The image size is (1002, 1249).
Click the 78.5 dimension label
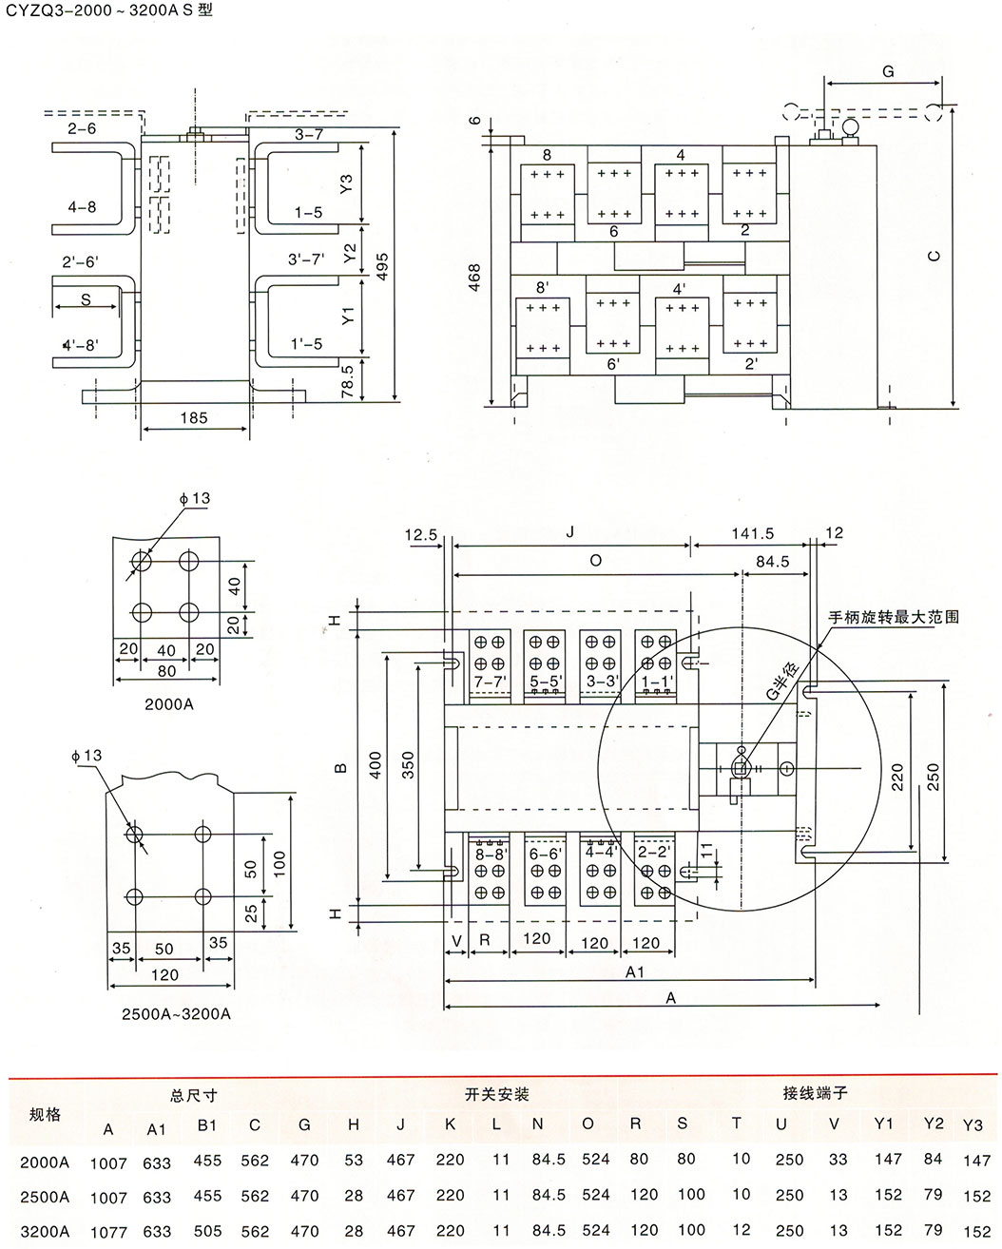click(348, 379)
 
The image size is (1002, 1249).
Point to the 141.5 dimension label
click(751, 534)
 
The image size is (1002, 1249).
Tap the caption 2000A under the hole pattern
click(168, 704)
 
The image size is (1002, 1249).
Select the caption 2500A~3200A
click(176, 1013)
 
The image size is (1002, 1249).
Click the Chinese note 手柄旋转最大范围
click(894, 617)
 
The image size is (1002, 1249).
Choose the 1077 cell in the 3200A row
click(108, 1231)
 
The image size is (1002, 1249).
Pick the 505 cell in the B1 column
click(207, 1231)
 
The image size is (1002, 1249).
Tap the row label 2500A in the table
click(46, 1195)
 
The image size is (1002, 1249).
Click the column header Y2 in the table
click(934, 1124)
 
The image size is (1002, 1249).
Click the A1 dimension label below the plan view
click(634, 971)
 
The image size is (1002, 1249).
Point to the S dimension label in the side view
click(86, 298)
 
